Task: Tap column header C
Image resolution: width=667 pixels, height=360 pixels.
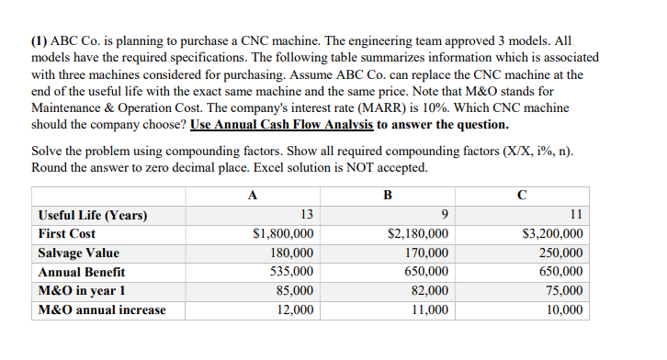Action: point(522,195)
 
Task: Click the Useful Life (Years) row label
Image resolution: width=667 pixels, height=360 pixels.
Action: point(92,215)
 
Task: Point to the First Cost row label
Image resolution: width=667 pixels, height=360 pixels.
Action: point(66,234)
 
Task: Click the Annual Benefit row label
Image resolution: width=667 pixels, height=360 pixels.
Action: point(82,272)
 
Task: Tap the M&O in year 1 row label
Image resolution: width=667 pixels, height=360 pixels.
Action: point(83,290)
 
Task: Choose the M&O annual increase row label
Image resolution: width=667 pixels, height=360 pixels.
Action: point(102,309)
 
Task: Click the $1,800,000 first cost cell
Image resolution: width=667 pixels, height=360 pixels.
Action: point(283,234)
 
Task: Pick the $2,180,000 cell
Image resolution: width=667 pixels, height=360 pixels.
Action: point(418,234)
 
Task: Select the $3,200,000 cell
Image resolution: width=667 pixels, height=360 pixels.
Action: point(552,234)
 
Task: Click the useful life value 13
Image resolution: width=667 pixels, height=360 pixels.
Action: point(307,215)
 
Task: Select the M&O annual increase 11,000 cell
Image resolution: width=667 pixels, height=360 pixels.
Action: point(427,309)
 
